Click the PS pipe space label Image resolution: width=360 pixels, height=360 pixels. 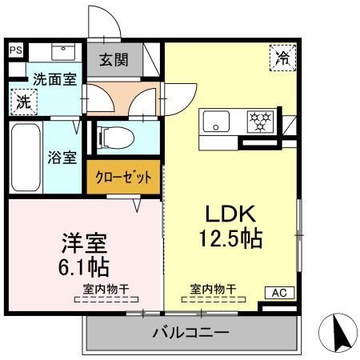(x=16, y=50)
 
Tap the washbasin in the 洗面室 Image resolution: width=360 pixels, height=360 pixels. (x=63, y=52)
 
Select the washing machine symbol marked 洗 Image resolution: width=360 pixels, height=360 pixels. (x=24, y=102)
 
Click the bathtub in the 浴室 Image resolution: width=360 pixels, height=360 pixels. (x=26, y=157)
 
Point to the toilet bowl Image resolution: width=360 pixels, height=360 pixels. (x=116, y=138)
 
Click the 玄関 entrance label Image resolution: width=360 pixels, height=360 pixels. (x=114, y=60)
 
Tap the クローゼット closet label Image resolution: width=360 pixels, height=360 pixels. (x=123, y=177)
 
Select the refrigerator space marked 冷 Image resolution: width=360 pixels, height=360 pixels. (x=283, y=58)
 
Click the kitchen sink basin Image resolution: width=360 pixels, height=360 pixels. (x=216, y=122)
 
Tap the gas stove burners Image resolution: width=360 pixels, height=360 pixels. (x=260, y=122)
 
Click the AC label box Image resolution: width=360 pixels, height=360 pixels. (x=279, y=293)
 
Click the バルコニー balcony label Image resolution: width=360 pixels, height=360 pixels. (x=191, y=333)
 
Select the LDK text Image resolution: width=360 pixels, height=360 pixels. (x=230, y=214)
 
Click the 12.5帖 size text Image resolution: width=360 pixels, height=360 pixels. (x=231, y=238)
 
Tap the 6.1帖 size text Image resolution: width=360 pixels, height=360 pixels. (x=84, y=266)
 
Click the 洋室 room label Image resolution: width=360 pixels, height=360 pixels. (x=84, y=243)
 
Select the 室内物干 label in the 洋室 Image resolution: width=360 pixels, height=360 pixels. (x=106, y=289)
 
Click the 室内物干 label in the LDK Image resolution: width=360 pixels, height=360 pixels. (x=214, y=289)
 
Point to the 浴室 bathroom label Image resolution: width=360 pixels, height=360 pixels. (x=62, y=158)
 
